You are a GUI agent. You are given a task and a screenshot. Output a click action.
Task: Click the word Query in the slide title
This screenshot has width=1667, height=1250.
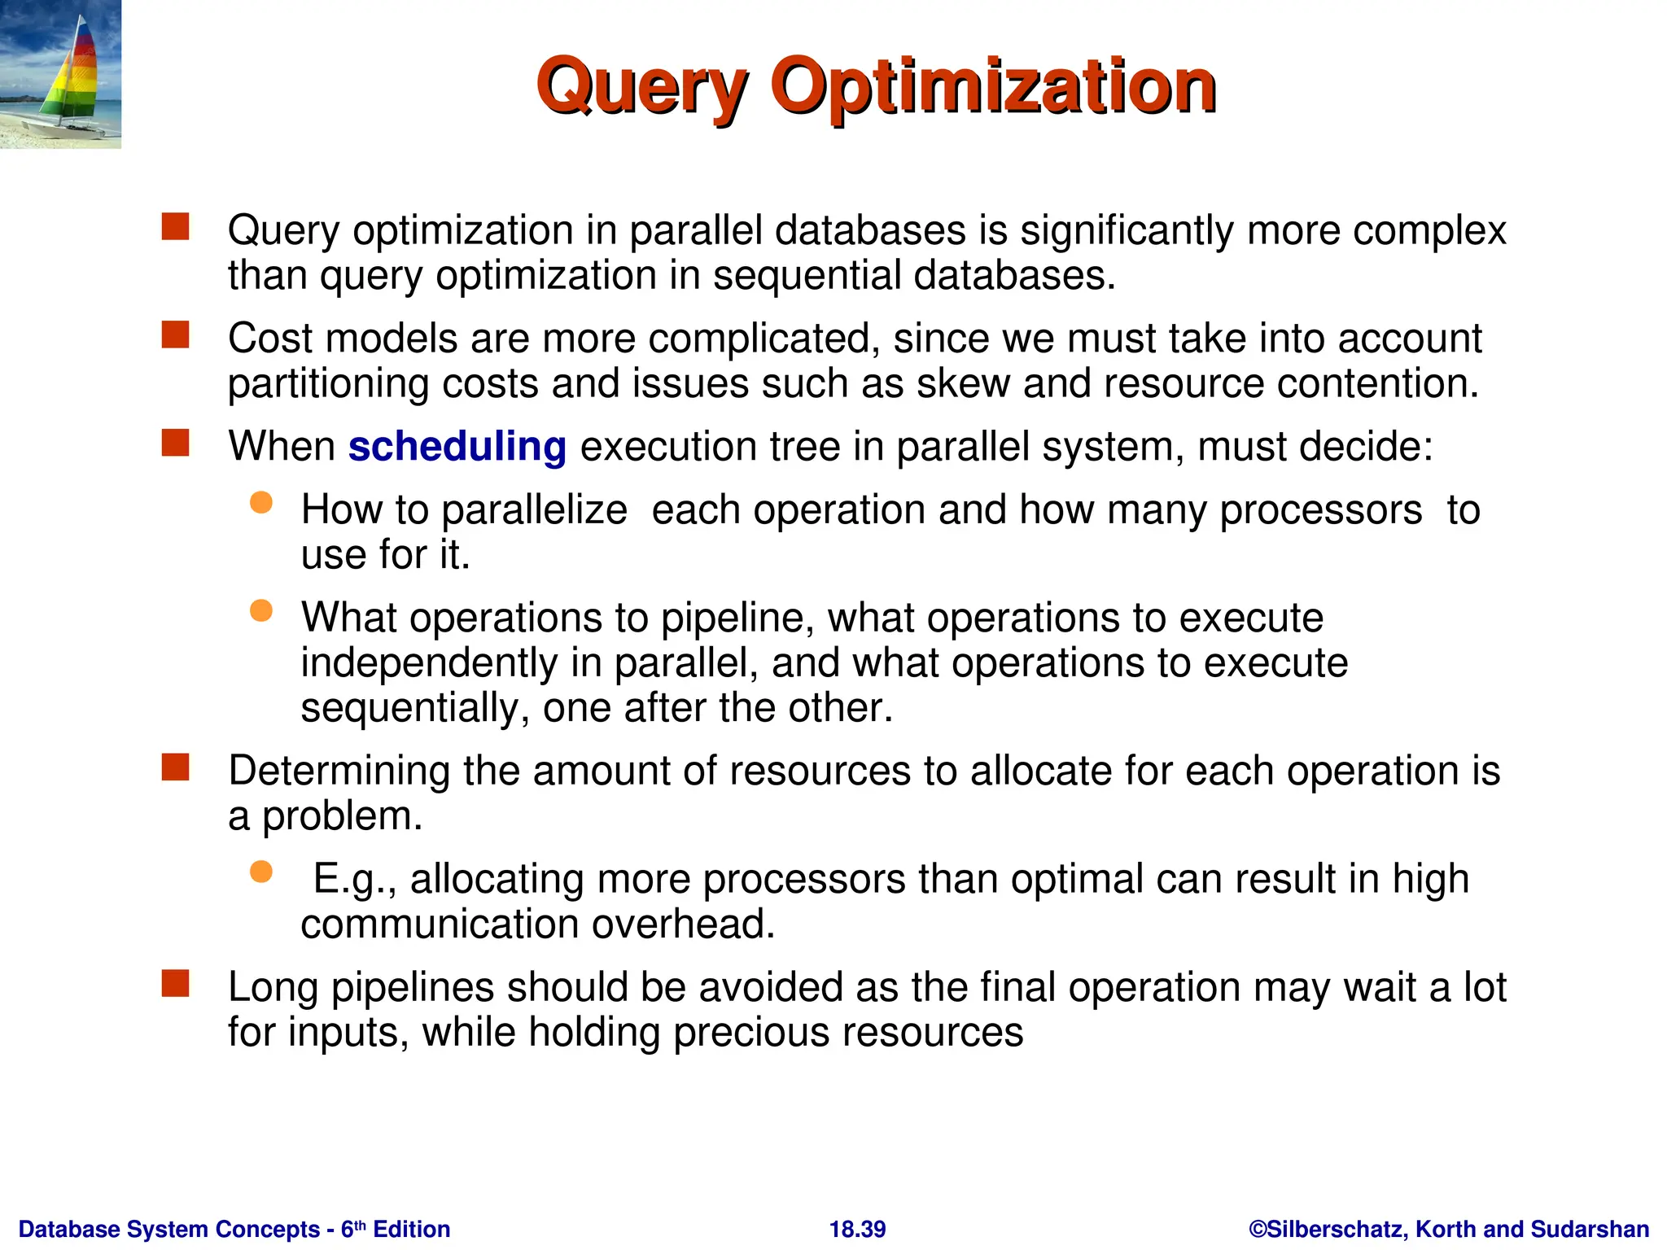coord(641,88)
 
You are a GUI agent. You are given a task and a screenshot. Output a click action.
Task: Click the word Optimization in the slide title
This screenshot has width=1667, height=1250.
coord(992,88)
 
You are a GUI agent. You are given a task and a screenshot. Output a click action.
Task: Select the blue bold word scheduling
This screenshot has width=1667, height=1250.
coord(457,447)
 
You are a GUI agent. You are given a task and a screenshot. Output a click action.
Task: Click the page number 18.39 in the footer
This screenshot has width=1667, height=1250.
coord(857,1229)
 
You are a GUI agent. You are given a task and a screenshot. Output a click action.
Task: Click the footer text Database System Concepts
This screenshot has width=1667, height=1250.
coord(168,1229)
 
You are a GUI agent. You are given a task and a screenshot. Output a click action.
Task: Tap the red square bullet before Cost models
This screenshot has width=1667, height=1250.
coord(175,334)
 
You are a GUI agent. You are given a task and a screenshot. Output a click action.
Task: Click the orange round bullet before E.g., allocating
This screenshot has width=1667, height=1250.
coord(260,872)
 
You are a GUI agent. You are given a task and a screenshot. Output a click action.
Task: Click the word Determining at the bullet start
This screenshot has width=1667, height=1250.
coord(339,771)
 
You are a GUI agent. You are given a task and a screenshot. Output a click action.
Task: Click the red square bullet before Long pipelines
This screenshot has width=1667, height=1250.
coord(175,983)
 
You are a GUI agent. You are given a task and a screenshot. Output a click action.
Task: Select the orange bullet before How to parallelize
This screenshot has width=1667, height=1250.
coord(260,503)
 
